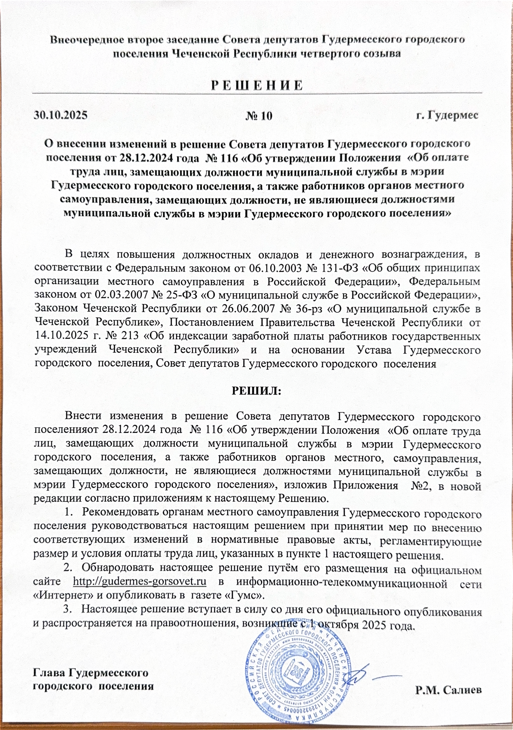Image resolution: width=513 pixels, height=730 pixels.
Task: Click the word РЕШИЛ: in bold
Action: (x=256, y=390)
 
